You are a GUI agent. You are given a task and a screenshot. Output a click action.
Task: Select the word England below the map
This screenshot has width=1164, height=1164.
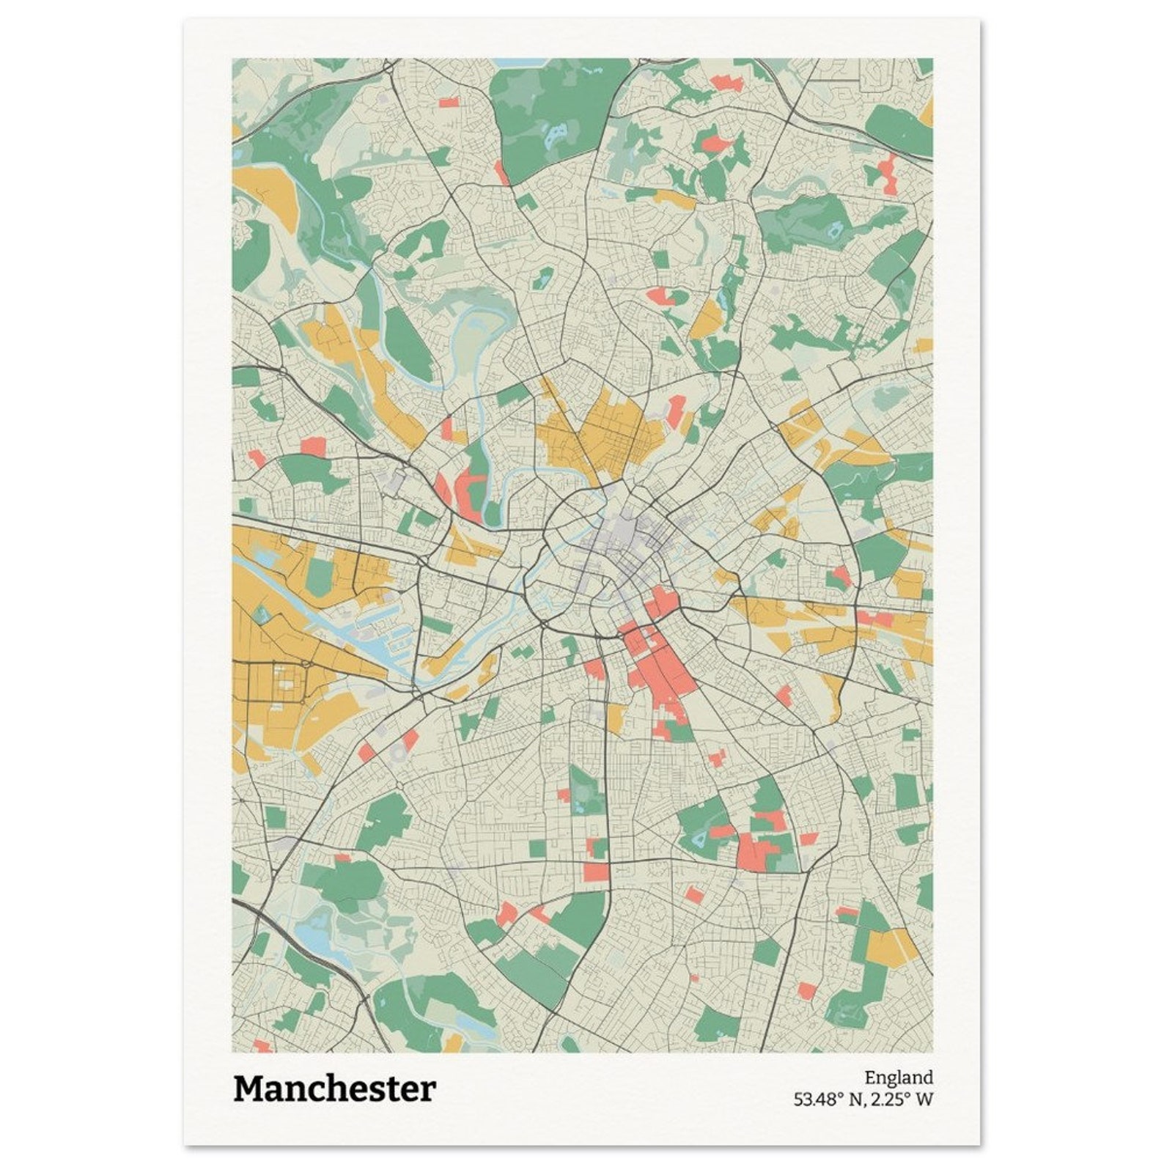point(898,1078)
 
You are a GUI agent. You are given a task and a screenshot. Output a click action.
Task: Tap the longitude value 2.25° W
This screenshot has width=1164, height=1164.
point(902,1099)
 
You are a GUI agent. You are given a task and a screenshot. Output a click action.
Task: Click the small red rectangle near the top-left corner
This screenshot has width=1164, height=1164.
point(448,102)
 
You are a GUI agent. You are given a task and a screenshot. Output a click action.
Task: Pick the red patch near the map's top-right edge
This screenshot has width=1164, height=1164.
point(888,174)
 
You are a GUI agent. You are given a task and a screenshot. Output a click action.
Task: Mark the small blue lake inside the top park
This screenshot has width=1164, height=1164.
point(555,132)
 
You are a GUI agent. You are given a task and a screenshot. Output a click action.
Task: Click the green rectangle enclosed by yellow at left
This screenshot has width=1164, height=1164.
point(320,575)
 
